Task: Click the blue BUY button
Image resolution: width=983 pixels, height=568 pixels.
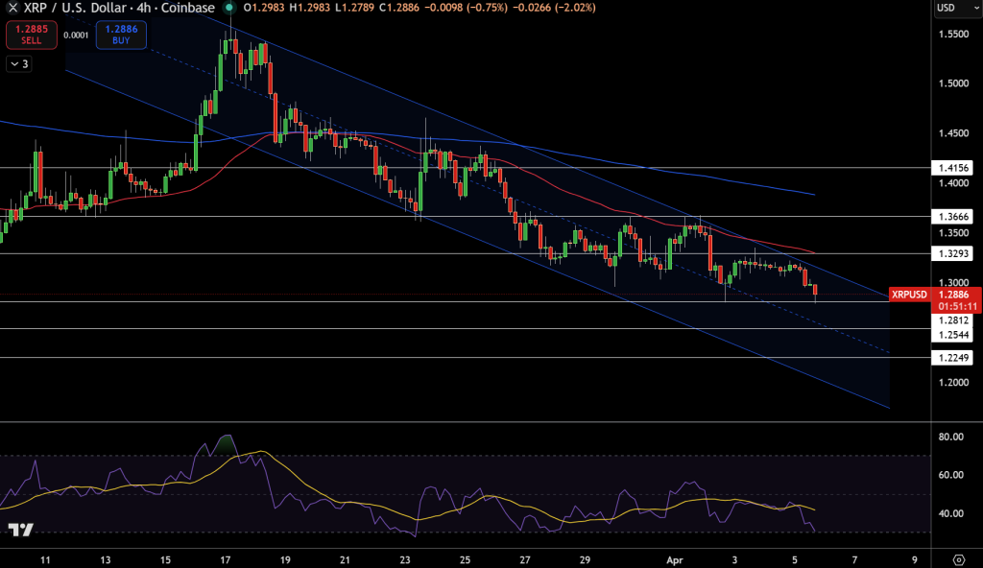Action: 121,35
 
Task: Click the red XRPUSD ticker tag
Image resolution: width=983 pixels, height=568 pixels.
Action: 909,295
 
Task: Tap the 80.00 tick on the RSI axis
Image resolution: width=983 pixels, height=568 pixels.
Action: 951,438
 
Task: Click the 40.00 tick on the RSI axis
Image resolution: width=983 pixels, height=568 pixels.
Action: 951,513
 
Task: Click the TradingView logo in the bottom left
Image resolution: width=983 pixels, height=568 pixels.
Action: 20,530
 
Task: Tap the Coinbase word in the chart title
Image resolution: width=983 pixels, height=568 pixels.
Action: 189,8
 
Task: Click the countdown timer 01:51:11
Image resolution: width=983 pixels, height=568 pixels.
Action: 956,307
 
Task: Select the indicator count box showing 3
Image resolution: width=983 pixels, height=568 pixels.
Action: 18,64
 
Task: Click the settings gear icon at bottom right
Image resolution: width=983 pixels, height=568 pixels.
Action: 959,556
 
